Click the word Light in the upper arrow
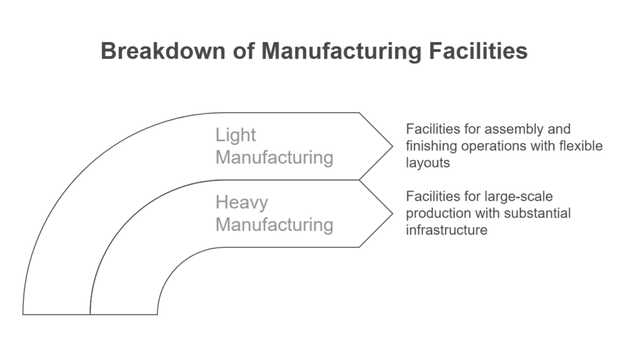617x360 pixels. pos(236,135)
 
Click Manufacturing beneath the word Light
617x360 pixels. pos(274,157)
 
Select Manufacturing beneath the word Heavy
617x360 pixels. pos(274,224)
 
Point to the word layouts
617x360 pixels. pos(427,163)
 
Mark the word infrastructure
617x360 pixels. pos(446,230)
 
